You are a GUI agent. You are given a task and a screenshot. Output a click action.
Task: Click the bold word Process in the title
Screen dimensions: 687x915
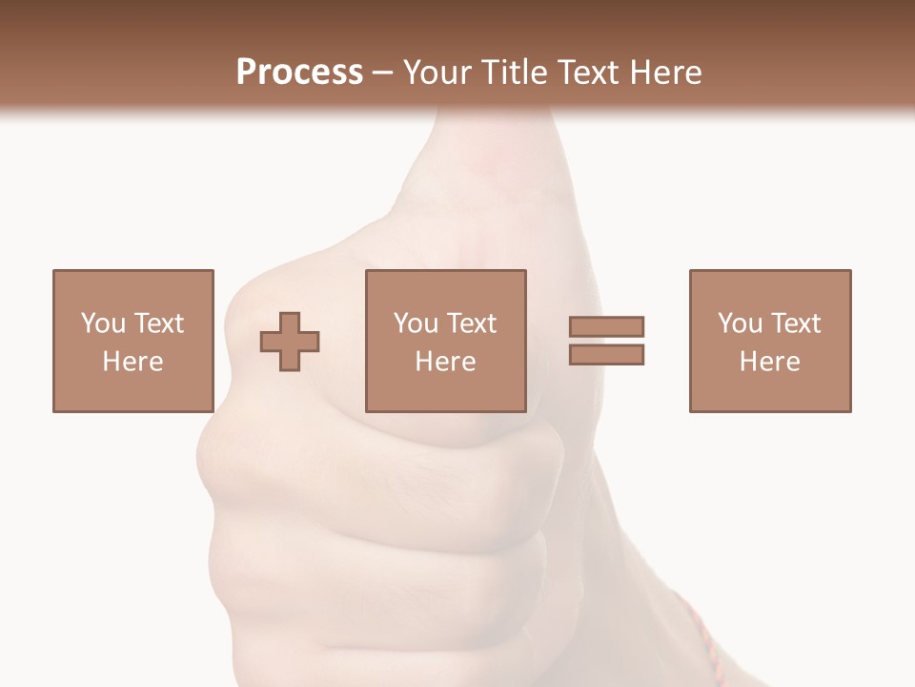[x=299, y=72]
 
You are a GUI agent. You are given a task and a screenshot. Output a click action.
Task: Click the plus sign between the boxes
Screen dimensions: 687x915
[x=290, y=342]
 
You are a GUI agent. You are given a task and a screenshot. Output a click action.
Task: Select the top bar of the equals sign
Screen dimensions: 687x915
[x=606, y=326]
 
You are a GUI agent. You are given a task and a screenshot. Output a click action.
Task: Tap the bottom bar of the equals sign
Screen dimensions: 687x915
[x=606, y=354]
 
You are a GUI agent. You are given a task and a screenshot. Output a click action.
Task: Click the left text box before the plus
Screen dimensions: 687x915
[x=132, y=341]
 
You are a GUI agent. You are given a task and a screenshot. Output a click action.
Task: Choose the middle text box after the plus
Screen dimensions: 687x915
[x=445, y=341]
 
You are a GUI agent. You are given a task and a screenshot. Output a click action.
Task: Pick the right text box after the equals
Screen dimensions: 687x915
[x=769, y=341]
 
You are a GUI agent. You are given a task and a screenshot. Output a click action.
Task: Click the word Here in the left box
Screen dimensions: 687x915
[x=132, y=362]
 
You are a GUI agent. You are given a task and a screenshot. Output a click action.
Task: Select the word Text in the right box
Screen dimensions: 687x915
[x=795, y=323]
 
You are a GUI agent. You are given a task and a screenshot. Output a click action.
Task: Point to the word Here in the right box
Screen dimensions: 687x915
[x=769, y=362]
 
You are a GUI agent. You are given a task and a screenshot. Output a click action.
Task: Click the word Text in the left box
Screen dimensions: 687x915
[x=158, y=323]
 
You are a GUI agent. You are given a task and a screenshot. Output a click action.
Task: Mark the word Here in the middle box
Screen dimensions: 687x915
[x=445, y=362]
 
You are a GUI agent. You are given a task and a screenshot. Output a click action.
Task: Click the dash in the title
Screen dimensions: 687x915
[x=383, y=73]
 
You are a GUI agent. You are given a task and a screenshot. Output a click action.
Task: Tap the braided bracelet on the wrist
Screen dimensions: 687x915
[x=701, y=635]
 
